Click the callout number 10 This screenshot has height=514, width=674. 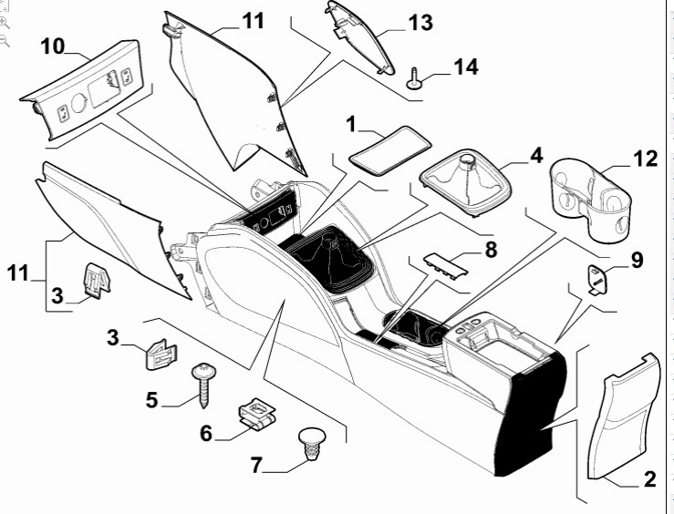pyautogui.click(x=52, y=45)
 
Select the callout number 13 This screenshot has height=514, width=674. pyautogui.click(x=420, y=22)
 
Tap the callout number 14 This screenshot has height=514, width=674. pyautogui.click(x=466, y=67)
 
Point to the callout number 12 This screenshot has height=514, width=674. pyautogui.click(x=645, y=159)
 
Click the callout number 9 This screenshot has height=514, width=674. pyautogui.click(x=636, y=261)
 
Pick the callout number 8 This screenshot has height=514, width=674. pyautogui.click(x=491, y=247)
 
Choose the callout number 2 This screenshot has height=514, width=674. pyautogui.click(x=648, y=480)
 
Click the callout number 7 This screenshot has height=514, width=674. pyautogui.click(x=256, y=466)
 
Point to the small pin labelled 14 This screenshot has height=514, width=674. pyautogui.click(x=415, y=78)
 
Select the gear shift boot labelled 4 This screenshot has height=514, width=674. pyautogui.click(x=467, y=181)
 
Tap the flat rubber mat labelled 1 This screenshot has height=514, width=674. pyautogui.click(x=390, y=148)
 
